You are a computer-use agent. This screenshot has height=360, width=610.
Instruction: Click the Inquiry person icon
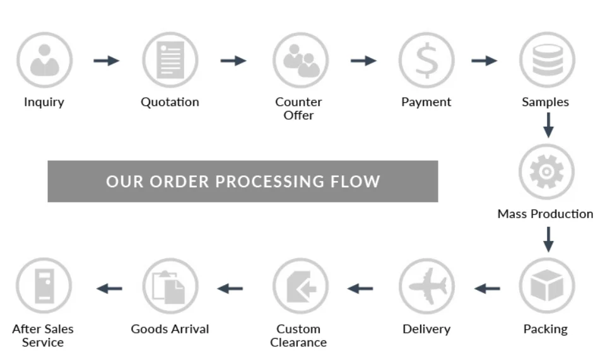coord(44,61)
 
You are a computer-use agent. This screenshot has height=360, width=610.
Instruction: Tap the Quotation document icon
coord(170,61)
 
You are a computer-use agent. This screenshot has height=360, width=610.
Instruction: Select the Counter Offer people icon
coord(300,61)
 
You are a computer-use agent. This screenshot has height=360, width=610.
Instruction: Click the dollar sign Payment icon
coord(426,61)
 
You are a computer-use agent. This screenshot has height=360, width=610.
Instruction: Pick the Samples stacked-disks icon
coord(546,61)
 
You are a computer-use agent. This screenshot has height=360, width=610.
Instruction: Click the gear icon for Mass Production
coord(546,171)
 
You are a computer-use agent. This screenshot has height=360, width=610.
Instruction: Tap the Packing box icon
coord(546,287)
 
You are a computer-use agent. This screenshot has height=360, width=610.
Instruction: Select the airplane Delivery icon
coord(426,287)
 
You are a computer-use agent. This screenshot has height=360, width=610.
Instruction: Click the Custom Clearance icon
coord(300,287)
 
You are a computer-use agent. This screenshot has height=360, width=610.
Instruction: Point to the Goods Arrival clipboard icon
coord(170,287)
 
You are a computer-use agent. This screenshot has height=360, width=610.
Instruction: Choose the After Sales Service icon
coord(44,287)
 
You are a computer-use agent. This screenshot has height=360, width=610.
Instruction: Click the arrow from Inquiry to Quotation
coord(107,61)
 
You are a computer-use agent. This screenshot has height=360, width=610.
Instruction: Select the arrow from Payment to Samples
coord(484,61)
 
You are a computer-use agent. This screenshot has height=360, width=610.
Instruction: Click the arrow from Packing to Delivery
coord(487,289)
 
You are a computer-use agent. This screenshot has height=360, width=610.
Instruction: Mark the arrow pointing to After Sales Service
coord(109,289)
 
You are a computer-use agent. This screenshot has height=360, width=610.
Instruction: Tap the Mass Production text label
coord(545,214)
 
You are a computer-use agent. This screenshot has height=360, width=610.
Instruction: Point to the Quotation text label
coord(170,102)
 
